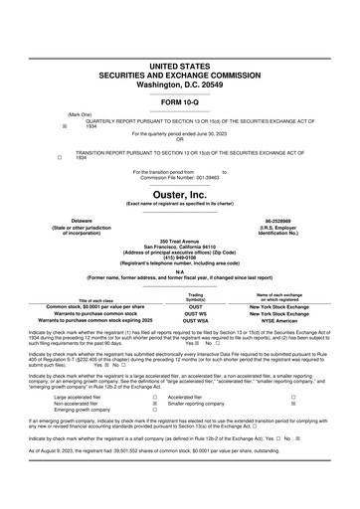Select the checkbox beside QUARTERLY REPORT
point(64,126)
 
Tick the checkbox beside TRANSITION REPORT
point(64,157)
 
